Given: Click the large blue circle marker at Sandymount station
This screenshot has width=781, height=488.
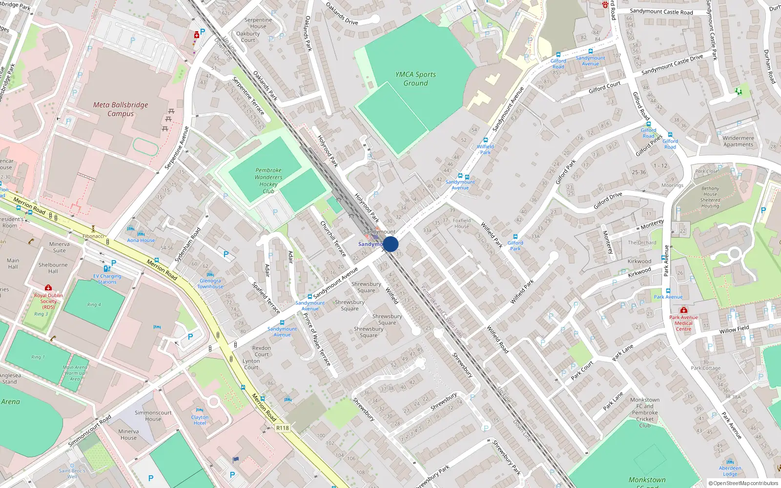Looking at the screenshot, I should pos(390,244).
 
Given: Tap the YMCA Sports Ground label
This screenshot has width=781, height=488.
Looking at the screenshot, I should pos(415,79).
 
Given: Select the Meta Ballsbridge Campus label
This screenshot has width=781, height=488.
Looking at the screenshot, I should pos(120,109).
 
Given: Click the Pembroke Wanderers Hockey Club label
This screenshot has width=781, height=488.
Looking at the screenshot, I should pos(268,181).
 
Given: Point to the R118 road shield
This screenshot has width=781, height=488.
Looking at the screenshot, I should pos(282,428).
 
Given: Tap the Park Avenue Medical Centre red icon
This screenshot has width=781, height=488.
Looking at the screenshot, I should pos(684,310).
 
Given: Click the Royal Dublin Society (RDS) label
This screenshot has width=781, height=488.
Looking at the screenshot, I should pos(48,301).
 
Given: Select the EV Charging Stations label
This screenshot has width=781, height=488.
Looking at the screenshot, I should pos(107,279).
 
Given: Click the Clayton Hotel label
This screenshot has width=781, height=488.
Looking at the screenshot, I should pos(200,420).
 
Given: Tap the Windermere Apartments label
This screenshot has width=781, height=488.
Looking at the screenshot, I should pos(738,141).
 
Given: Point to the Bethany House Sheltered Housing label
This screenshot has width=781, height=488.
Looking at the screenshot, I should pos(710,197).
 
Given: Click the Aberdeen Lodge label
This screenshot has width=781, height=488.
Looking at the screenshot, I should pos(730,471).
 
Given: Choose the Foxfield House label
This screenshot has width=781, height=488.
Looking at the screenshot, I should pos(461,223).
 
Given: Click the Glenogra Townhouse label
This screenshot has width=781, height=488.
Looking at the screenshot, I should pos(210,284).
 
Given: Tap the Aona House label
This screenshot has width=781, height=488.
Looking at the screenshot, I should pos(141,240).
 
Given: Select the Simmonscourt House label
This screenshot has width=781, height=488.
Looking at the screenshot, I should pos(153,416).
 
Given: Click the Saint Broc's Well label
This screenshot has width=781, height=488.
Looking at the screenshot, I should pos(72,473).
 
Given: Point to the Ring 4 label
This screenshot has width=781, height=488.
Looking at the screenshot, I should pos(94,305).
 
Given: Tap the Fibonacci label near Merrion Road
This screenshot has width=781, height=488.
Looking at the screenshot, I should pos(93,236).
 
